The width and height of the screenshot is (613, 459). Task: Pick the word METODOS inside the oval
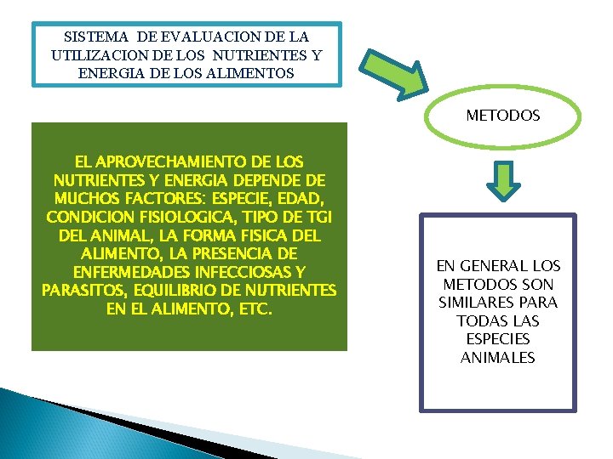pos(502,115)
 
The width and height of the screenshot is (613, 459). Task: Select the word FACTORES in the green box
pos(185,199)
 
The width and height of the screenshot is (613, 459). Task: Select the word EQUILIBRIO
pos(175,291)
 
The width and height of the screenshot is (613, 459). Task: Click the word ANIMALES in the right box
pos(498,358)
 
